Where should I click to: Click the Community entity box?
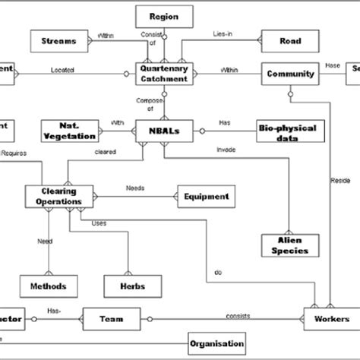(x=289, y=74)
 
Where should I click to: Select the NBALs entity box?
(x=163, y=129)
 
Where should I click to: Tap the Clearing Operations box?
(x=59, y=196)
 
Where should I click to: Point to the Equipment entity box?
(x=206, y=197)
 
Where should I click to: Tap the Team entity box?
(x=111, y=320)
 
